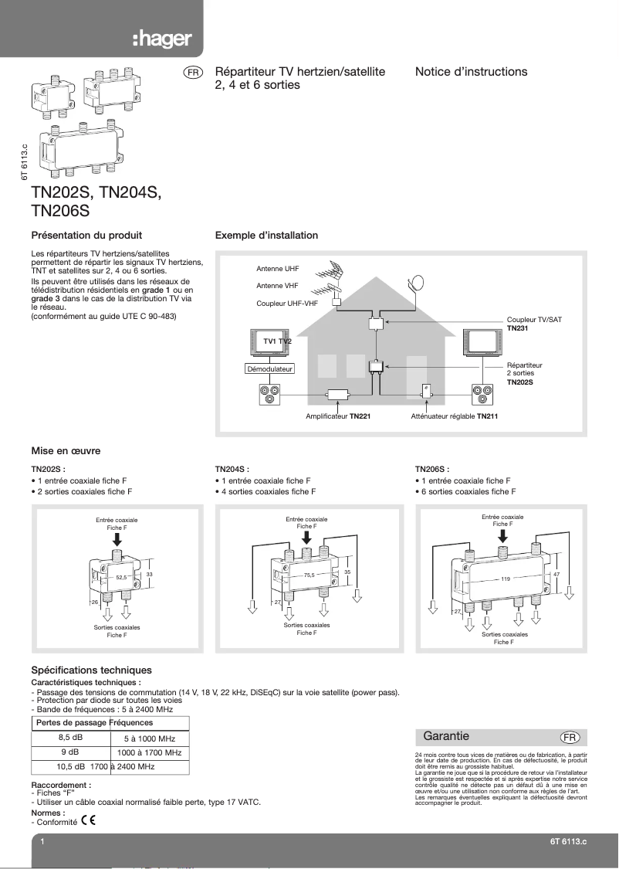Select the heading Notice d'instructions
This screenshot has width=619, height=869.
[x=471, y=72]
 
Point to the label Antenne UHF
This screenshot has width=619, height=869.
[x=278, y=269]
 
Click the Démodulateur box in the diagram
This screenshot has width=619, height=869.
[x=269, y=369]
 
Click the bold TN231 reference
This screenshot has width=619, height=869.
[x=519, y=328]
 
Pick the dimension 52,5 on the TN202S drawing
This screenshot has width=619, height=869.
[x=121, y=577]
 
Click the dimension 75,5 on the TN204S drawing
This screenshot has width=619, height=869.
[x=309, y=575]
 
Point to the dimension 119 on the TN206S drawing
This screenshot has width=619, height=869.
[x=506, y=579]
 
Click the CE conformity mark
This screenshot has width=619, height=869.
[x=88, y=820]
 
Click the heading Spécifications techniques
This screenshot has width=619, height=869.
[x=91, y=670]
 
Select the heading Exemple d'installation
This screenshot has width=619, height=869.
[x=266, y=236]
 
